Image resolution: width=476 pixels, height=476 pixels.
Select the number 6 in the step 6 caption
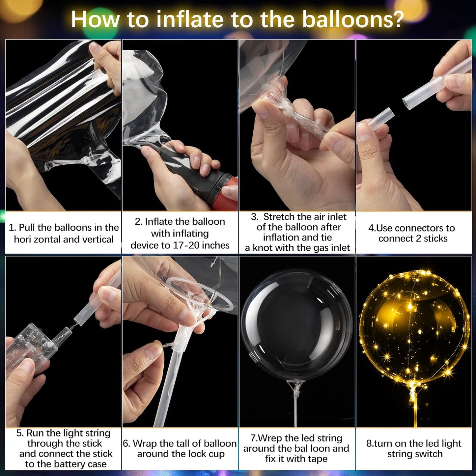[x=126, y=444]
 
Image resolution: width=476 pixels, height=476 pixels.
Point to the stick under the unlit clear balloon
[x=296, y=408]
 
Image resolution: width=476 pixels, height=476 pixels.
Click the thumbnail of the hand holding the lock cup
[x=180, y=342]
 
